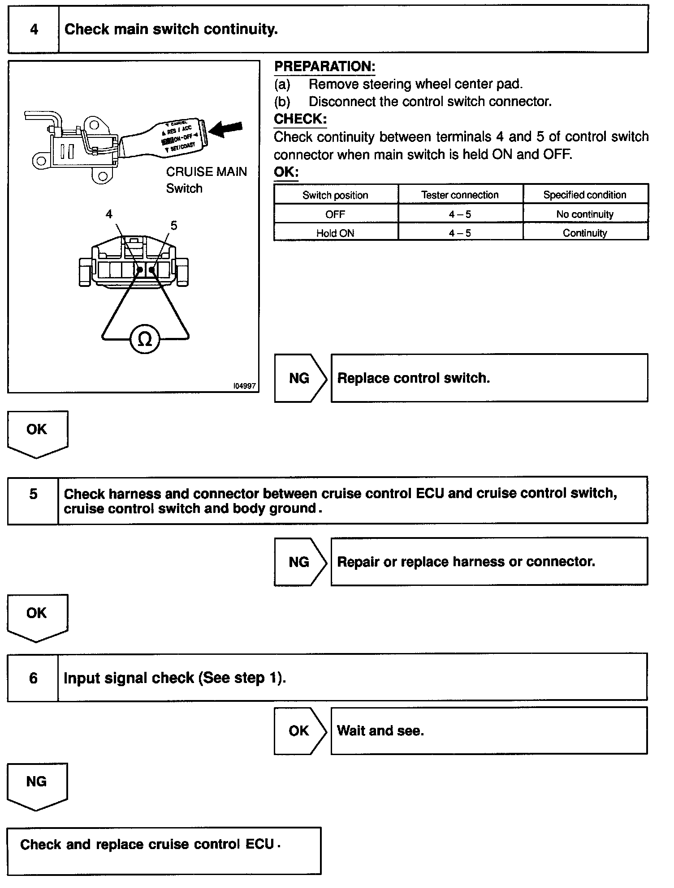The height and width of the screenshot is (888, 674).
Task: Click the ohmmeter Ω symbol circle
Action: (x=144, y=340)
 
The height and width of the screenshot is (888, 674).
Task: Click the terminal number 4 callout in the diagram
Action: (x=109, y=214)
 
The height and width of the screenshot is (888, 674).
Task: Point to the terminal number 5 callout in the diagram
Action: (x=174, y=226)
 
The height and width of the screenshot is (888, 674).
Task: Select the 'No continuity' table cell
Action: (x=585, y=214)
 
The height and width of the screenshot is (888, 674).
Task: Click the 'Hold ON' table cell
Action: (x=335, y=233)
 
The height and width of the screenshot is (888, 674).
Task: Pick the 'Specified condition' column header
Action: (x=585, y=195)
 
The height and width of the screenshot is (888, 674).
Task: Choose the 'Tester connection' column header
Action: (x=460, y=195)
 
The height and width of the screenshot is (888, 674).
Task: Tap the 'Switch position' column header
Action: (x=335, y=195)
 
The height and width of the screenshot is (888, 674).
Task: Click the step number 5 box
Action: (x=33, y=494)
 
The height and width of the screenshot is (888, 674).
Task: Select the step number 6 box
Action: (x=33, y=678)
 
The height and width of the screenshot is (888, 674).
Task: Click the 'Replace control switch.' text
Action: (x=413, y=378)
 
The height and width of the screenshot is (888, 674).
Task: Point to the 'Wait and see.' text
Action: (x=380, y=731)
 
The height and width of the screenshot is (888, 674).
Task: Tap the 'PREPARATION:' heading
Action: (x=324, y=67)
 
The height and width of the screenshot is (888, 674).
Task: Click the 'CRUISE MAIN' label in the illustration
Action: (x=206, y=172)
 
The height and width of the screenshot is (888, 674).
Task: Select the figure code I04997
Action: (x=244, y=386)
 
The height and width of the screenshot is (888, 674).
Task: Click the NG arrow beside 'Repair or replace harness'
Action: (x=299, y=562)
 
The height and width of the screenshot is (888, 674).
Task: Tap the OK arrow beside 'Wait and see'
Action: (x=299, y=731)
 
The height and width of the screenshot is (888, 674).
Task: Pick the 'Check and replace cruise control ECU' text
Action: (x=147, y=845)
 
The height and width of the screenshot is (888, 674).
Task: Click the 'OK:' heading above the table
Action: (x=286, y=172)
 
